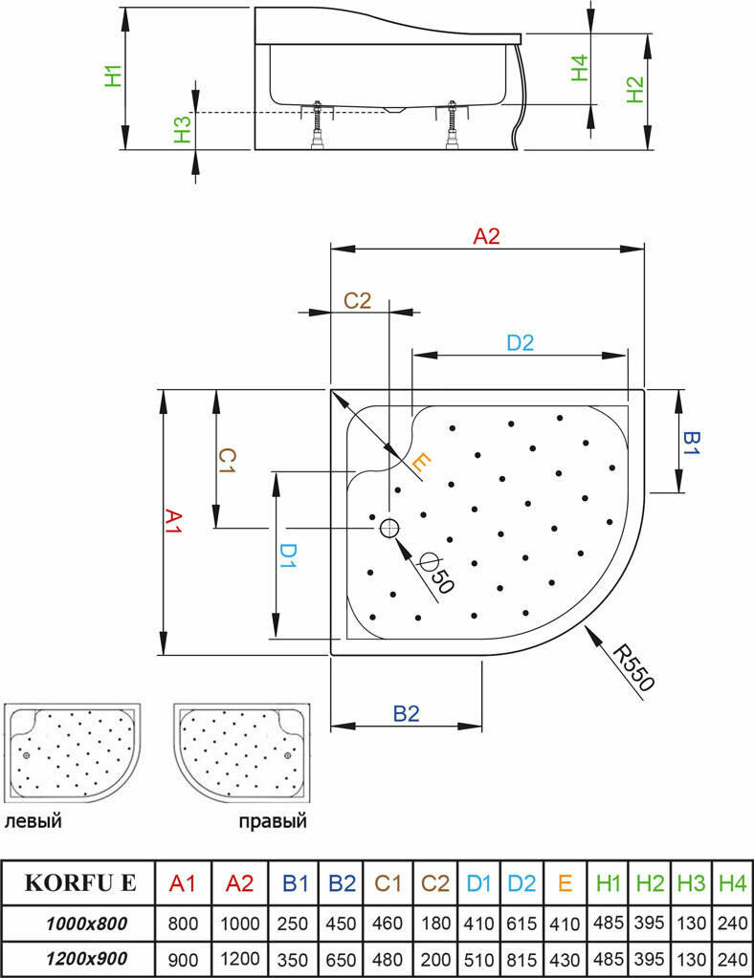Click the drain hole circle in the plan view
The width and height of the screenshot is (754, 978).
[x=389, y=527]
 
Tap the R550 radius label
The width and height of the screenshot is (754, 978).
[x=633, y=669]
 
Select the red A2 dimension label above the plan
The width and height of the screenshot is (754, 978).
[x=487, y=237]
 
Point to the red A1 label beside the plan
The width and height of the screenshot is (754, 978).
[x=173, y=522]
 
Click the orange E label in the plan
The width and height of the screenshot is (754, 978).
[x=421, y=465]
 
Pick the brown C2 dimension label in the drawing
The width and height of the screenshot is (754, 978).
[x=357, y=300]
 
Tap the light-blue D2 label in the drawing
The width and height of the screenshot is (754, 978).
[x=520, y=343]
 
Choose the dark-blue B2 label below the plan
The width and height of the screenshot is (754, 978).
[x=407, y=713]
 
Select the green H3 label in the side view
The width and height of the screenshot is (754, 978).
[x=183, y=130]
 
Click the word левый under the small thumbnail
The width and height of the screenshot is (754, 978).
[x=33, y=821]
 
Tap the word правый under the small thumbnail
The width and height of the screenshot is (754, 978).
[x=273, y=821]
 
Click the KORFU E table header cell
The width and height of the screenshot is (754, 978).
[x=80, y=881]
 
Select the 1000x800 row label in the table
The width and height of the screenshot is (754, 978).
[x=86, y=923]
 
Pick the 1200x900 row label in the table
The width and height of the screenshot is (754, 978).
[x=86, y=957]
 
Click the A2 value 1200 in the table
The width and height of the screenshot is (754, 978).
[x=239, y=958]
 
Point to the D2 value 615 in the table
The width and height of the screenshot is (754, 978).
[x=521, y=924]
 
